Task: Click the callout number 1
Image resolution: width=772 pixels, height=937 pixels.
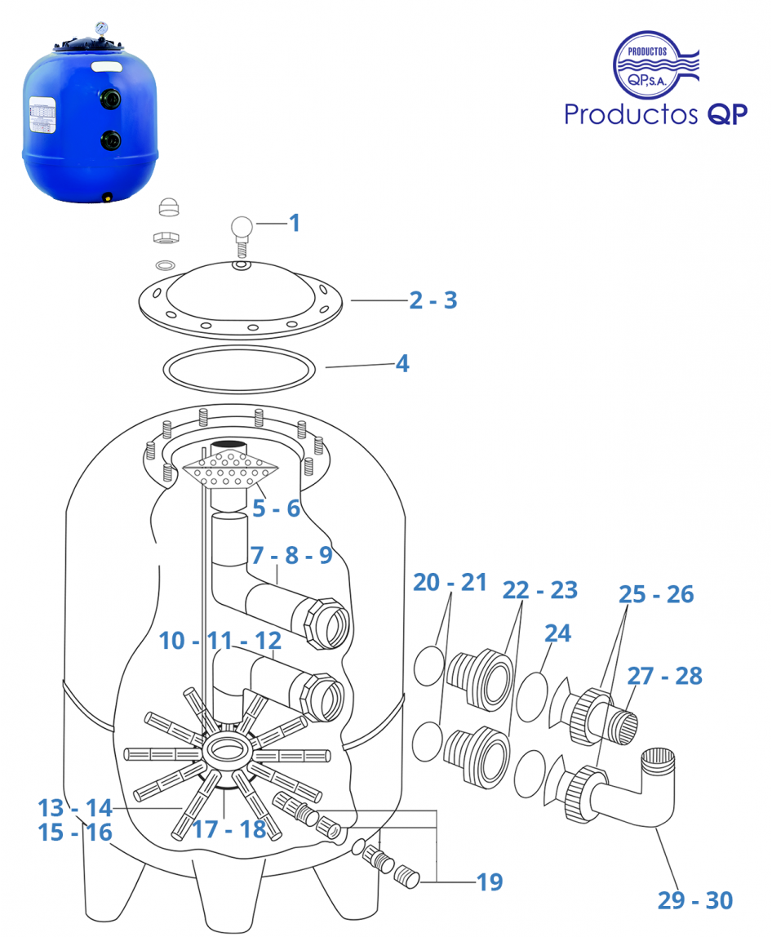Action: (295, 222)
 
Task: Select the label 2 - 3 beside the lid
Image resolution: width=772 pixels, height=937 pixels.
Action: (433, 300)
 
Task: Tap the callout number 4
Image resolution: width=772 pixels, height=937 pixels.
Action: (402, 363)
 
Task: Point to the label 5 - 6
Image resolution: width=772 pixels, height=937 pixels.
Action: (276, 508)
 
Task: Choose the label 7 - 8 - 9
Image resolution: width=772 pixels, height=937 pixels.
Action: (291, 556)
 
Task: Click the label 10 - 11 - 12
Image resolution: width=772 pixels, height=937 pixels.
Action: (220, 641)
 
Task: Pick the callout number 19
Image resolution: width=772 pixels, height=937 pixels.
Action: (490, 881)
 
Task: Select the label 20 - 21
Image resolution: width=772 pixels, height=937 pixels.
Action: (450, 583)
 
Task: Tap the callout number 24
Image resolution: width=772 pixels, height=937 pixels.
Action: (557, 633)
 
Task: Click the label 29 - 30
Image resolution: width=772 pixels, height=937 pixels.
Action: (695, 900)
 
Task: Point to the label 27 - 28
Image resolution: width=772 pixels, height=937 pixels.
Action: (664, 676)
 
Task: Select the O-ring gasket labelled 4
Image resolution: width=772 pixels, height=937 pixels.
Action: (240, 369)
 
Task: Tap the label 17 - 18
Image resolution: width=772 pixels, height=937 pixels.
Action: (229, 829)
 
